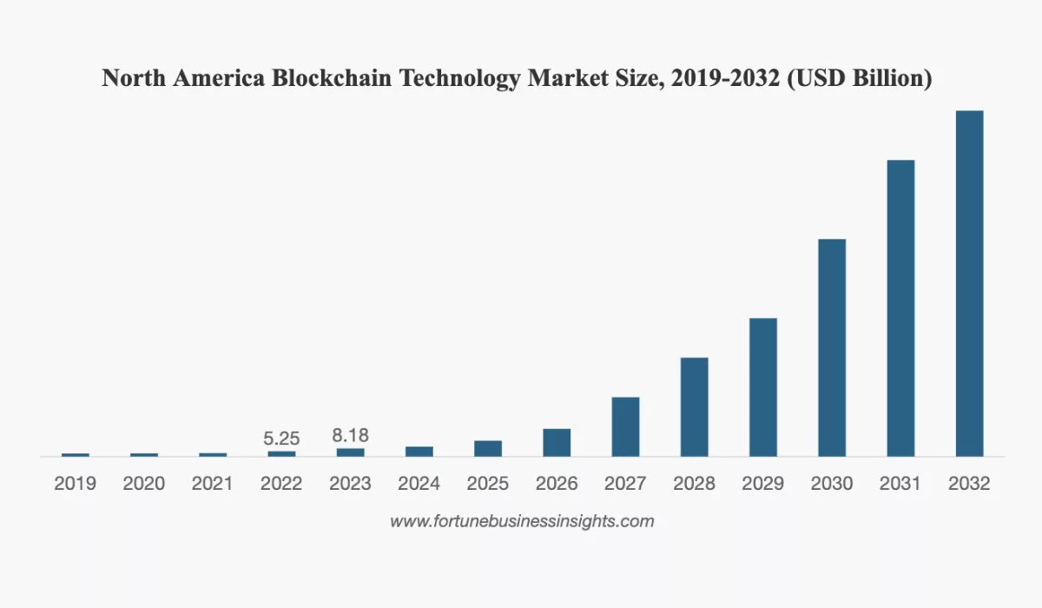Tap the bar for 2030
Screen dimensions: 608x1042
(x=832, y=347)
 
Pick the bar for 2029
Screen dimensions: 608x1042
(x=763, y=387)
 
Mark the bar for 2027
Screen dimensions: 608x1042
(x=625, y=426)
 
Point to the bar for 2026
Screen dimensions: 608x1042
(x=557, y=442)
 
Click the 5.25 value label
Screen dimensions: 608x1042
(x=281, y=439)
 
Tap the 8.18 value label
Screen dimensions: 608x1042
(x=350, y=435)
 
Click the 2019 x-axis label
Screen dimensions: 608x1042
(x=76, y=484)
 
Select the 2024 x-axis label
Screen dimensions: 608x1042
(x=419, y=484)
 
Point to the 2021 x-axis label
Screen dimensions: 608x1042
(x=213, y=484)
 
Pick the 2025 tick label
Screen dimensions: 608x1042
(x=488, y=484)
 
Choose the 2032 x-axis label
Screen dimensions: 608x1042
(x=969, y=484)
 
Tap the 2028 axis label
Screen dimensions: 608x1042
(x=695, y=484)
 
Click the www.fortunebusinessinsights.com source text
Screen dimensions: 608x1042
(x=521, y=522)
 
